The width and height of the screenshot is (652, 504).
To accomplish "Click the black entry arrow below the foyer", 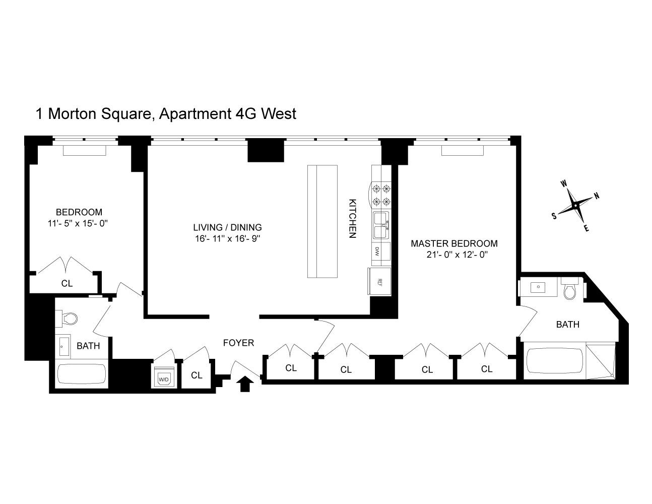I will tap(245, 384).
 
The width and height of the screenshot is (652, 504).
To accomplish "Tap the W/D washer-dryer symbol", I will tap(163, 379).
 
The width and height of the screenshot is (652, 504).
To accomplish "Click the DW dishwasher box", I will tap(377, 250).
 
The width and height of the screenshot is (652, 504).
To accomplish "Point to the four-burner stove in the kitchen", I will tap(380, 195).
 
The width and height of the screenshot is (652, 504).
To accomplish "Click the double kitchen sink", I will tap(380, 225).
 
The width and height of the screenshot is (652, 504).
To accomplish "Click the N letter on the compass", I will tap(597, 196).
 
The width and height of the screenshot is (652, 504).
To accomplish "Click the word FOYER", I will tap(238, 343).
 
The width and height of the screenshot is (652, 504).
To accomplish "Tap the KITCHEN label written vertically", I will tap(353, 218).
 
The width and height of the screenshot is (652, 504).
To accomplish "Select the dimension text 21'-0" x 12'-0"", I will tap(457, 255).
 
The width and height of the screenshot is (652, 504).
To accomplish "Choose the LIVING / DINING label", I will tap(227, 227).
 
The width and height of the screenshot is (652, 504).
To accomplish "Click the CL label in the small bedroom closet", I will tap(67, 283).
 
